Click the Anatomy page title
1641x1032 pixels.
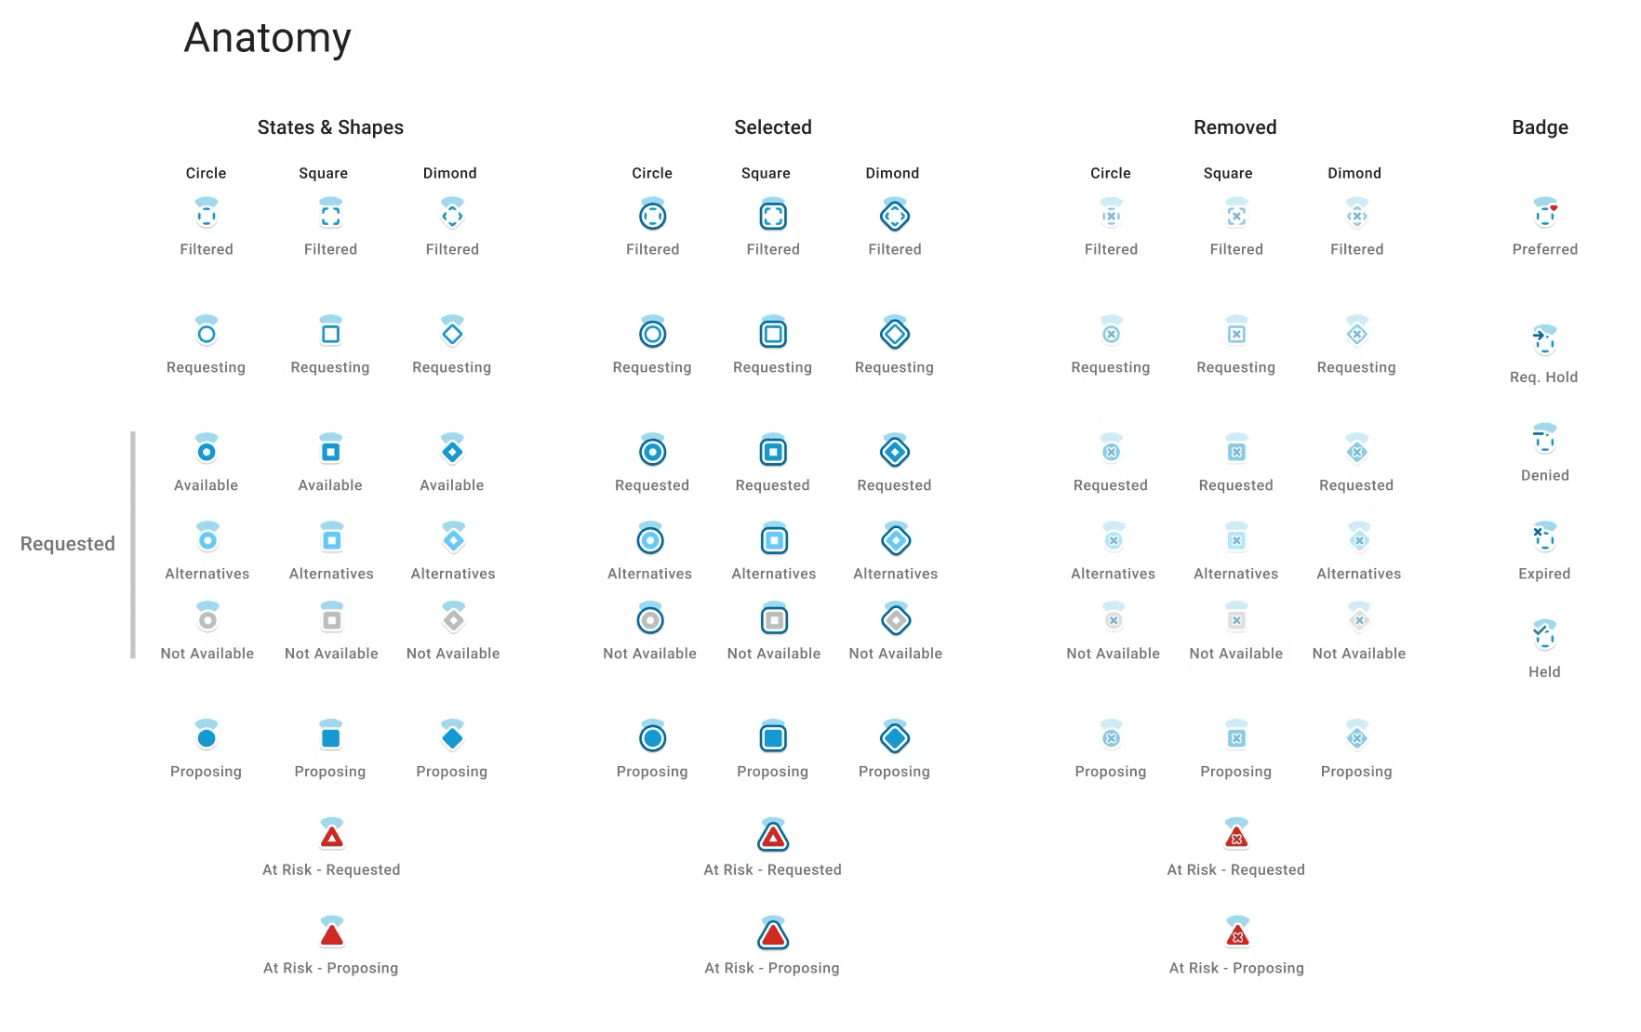(268, 39)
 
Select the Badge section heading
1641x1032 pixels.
(1540, 127)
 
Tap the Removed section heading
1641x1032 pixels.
(1234, 127)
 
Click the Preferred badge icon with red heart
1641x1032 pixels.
(1545, 213)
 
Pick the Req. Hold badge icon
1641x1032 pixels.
(1544, 339)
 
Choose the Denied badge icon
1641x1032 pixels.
(1545, 438)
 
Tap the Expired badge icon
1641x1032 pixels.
(1544, 536)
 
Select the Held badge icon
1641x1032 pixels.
(1544, 635)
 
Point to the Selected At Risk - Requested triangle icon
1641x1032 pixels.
(773, 834)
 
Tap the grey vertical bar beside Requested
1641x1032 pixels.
(133, 545)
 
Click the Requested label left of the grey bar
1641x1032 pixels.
(68, 544)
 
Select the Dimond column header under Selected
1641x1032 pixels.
(892, 173)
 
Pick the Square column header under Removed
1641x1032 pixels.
(1228, 173)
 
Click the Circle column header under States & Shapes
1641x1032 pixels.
(206, 173)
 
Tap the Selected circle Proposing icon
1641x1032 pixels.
(652, 736)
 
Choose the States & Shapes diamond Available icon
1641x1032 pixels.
(452, 450)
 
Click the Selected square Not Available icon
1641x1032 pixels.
(774, 618)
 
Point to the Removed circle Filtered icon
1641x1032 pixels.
(1111, 214)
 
